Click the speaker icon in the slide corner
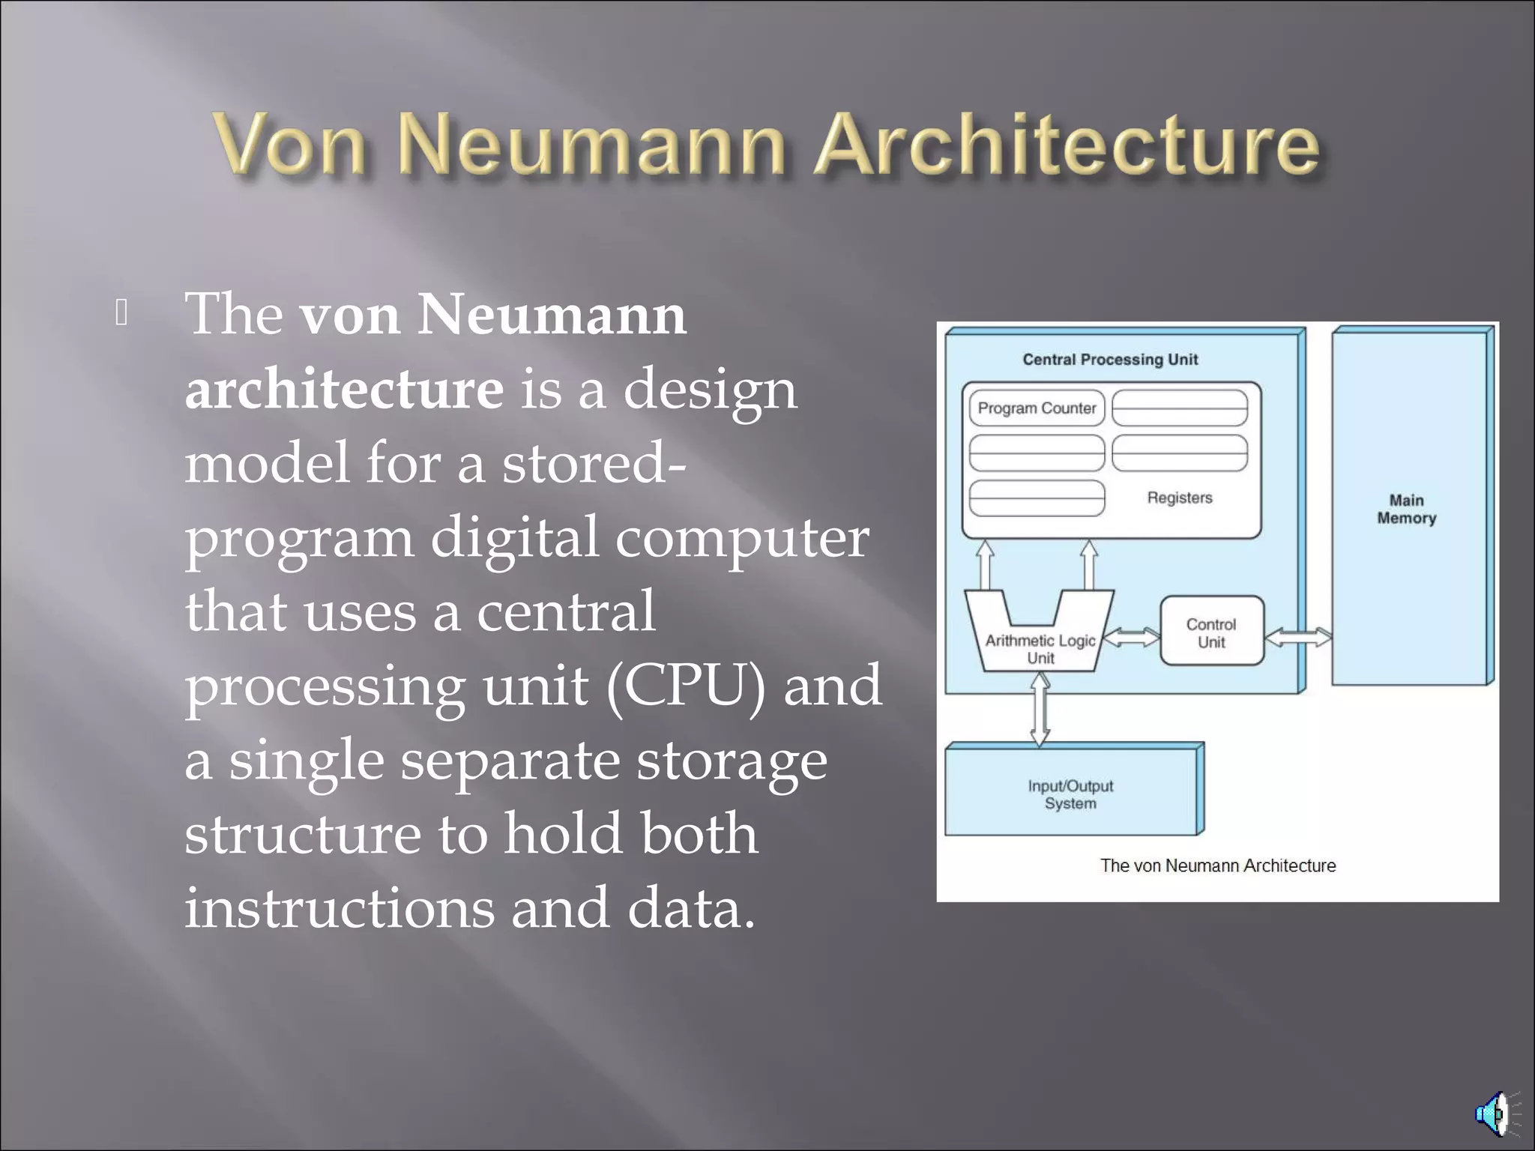1495,1114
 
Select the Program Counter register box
1037,408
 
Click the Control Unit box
1211,632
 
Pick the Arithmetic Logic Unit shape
1040,644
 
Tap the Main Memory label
1406,509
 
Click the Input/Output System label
1070,794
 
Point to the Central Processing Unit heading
1110,360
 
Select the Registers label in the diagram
1179,498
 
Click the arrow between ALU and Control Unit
1132,637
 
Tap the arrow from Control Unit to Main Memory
1298,637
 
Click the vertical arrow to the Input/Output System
1040,709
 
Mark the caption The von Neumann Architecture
1217,865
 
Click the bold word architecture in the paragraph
344,389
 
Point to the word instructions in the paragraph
339,907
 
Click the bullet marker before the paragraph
121,312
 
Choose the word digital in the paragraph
514,537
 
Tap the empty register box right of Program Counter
1179,408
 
